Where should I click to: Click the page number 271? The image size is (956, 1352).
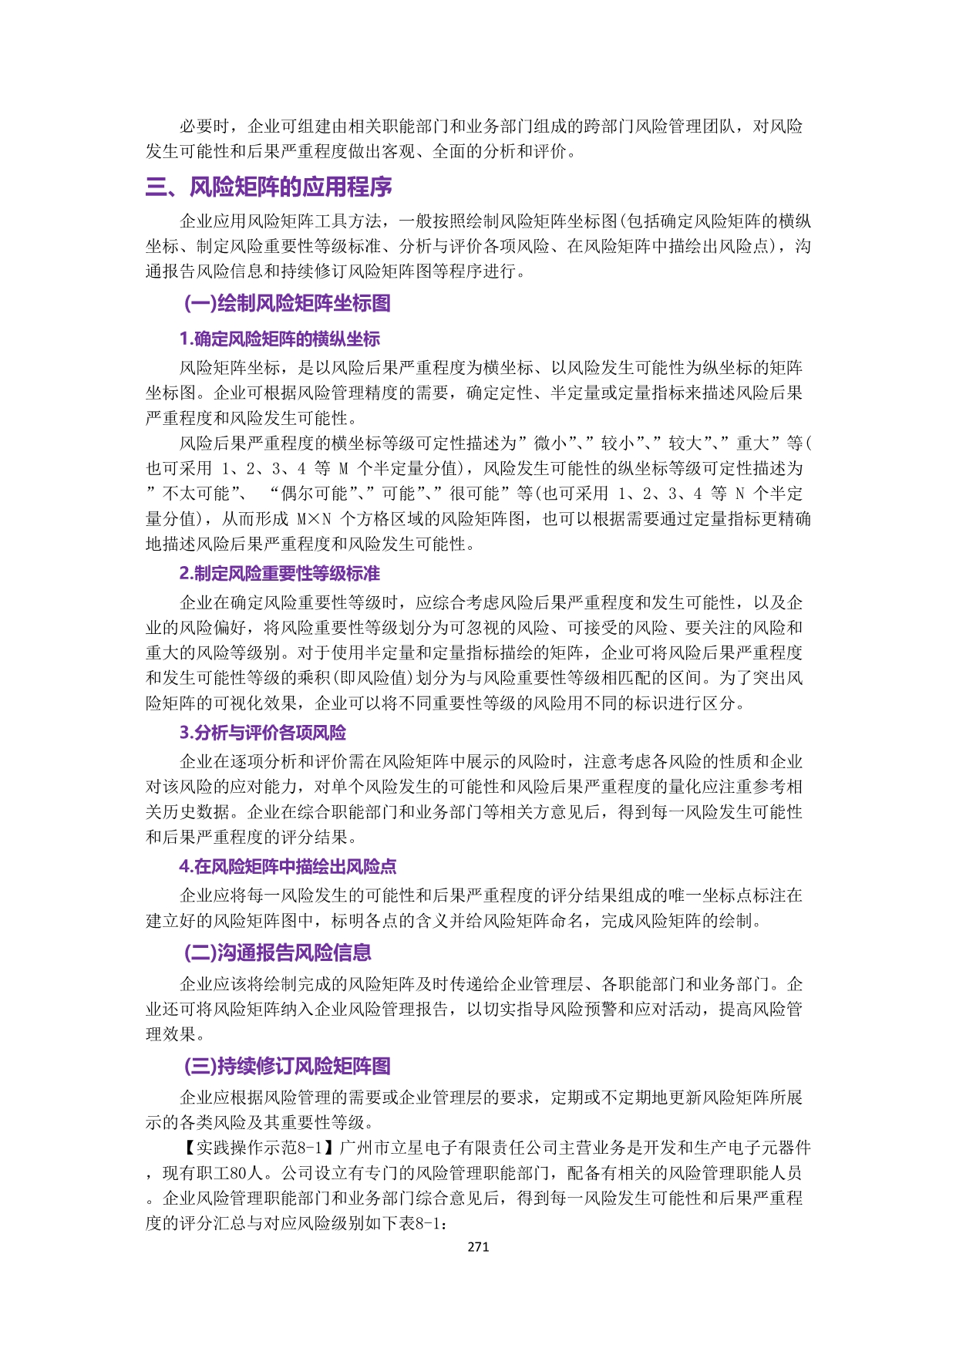click(x=478, y=1246)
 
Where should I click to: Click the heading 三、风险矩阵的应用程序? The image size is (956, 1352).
click(x=269, y=187)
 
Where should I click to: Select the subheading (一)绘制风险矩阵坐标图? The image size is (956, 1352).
click(x=287, y=303)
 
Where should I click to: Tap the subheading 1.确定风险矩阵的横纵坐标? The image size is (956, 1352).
click(x=279, y=339)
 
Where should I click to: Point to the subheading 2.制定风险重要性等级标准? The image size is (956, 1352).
click(x=279, y=574)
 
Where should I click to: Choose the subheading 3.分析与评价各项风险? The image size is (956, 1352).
click(x=262, y=733)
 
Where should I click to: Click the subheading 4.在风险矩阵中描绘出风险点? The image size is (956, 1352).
click(x=288, y=867)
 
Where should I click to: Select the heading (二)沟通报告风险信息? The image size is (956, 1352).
click(x=278, y=952)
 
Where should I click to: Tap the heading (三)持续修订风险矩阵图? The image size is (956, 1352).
click(x=287, y=1066)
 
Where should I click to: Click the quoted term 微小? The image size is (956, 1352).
click(x=552, y=443)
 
